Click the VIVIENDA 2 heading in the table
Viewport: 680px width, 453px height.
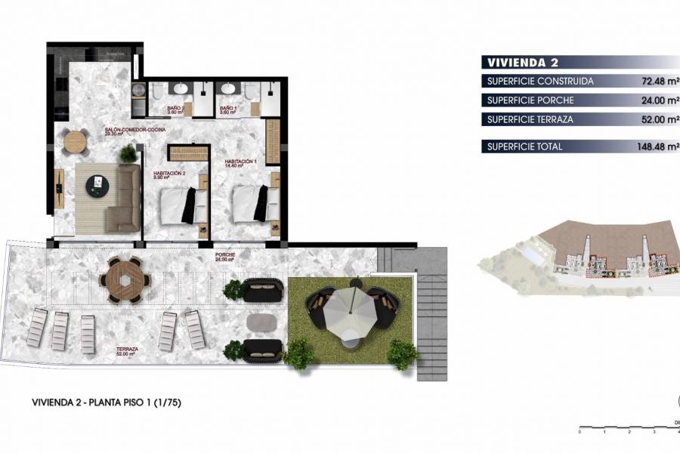click(x=523, y=62)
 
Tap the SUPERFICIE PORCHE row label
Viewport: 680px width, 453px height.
click(x=530, y=100)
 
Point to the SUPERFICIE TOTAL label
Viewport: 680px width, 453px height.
click(x=525, y=146)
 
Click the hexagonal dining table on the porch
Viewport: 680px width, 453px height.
click(x=124, y=279)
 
